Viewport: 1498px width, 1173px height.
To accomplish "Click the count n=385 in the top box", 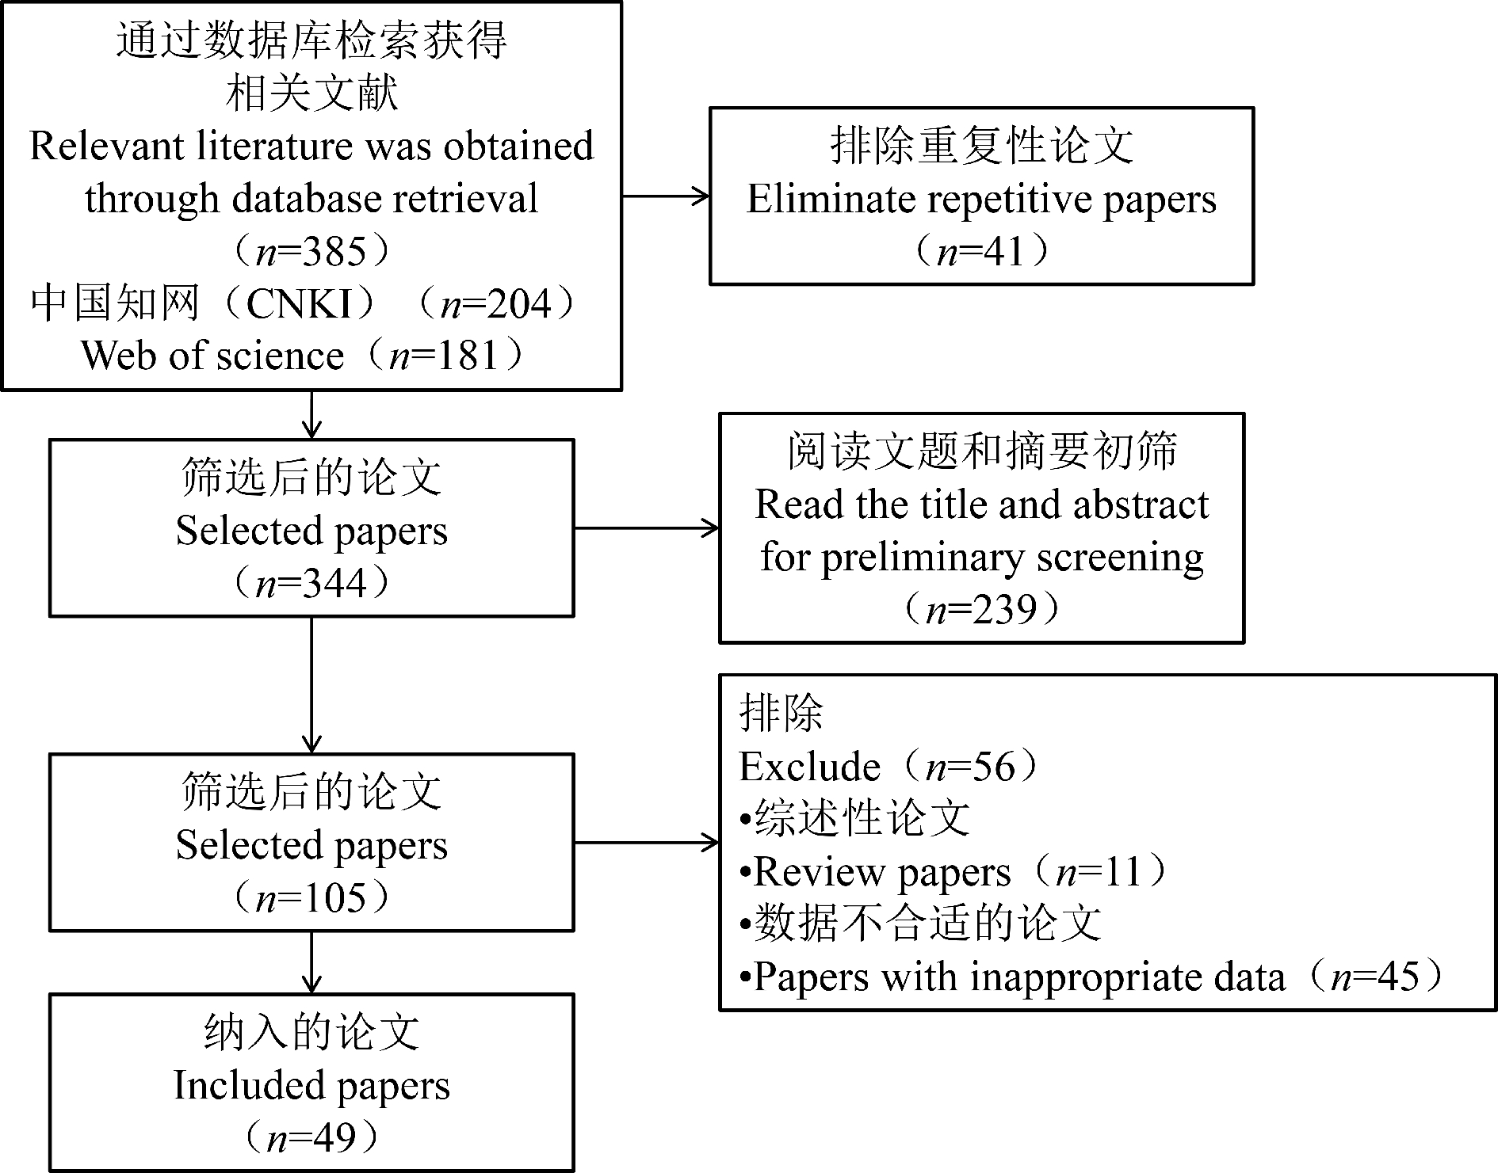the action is click(x=311, y=252).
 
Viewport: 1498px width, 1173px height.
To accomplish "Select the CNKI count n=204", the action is click(x=495, y=304).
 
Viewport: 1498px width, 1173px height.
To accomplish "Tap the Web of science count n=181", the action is click(x=444, y=356).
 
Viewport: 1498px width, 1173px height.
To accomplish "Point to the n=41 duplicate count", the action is click(x=981, y=252).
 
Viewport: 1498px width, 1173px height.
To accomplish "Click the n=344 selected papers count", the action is click(x=311, y=584).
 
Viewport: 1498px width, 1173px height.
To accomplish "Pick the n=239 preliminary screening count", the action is click(x=981, y=610).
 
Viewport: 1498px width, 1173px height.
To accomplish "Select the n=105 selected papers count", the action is click(x=311, y=898).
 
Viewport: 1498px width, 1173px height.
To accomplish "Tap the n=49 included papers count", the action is click(x=311, y=1138).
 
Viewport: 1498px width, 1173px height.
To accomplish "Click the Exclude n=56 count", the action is click(x=970, y=767).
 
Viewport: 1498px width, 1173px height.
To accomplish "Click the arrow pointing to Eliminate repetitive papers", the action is click(x=666, y=196).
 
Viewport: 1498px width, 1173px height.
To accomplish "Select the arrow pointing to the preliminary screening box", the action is click(x=647, y=527).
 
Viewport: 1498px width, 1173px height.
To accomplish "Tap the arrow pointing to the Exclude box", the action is click(x=647, y=843).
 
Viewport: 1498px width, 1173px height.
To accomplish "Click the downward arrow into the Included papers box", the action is click(x=312, y=962).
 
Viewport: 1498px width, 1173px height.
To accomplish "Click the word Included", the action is click(x=238, y=1085).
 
